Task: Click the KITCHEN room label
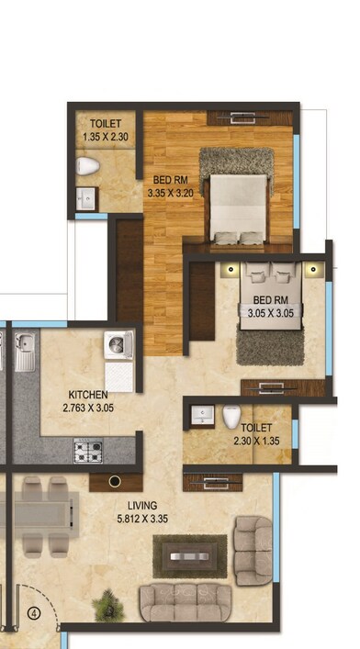coord(86,394)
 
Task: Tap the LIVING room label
coord(142,505)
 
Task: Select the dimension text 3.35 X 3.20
coord(171,194)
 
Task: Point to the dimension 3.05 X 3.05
coord(271,312)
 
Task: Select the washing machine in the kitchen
coord(119,348)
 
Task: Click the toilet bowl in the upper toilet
coord(88,166)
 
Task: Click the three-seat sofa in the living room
coord(186,604)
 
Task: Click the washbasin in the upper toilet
coord(87,197)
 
